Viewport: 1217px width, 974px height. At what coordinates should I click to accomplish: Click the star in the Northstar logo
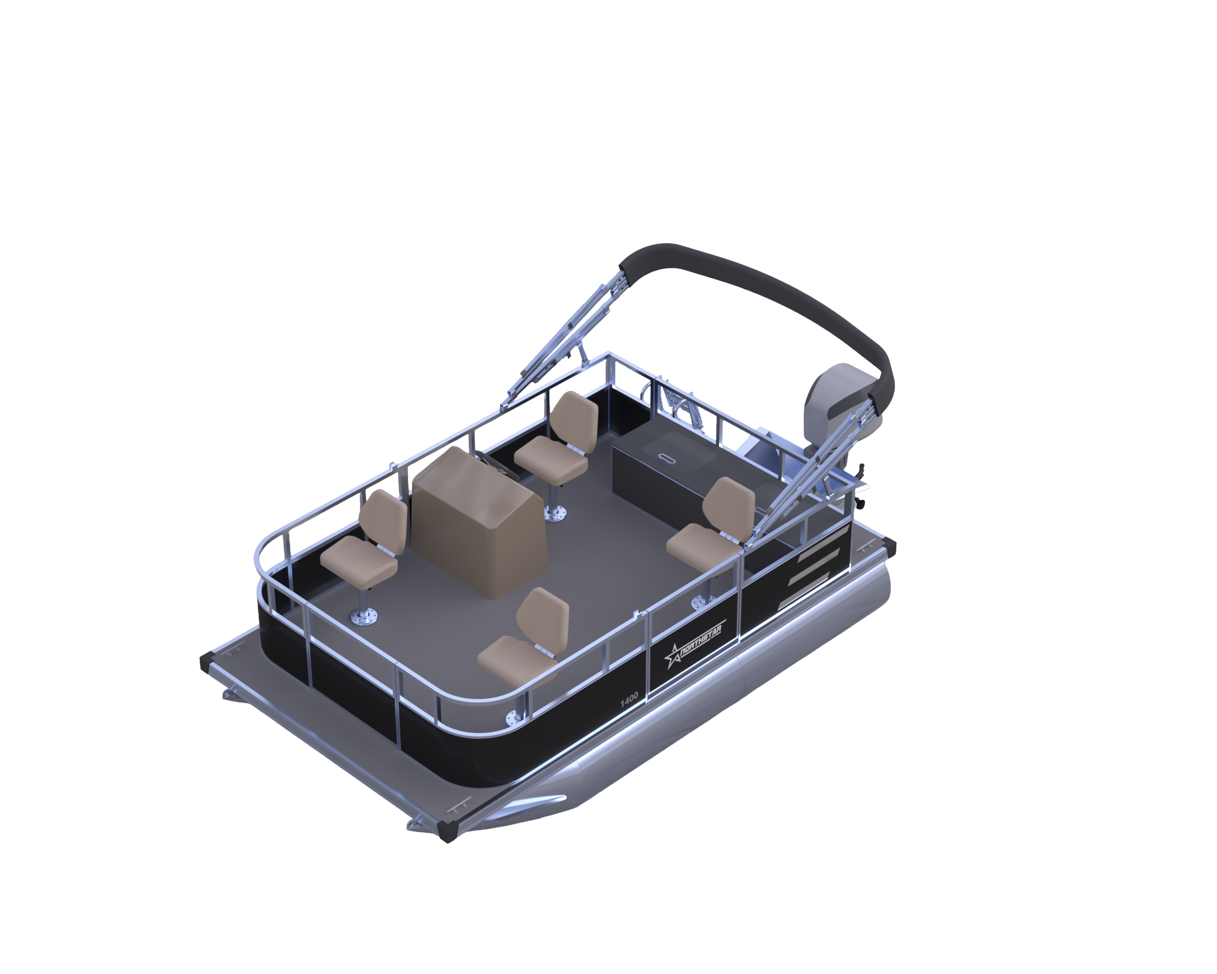(x=672, y=656)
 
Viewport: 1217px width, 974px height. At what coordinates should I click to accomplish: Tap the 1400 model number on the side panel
(x=629, y=699)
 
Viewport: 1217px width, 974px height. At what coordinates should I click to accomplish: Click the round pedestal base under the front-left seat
(x=364, y=618)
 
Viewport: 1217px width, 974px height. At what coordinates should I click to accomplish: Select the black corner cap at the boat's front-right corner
(x=448, y=830)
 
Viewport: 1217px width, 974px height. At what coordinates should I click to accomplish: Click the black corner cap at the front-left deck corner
(x=207, y=662)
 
